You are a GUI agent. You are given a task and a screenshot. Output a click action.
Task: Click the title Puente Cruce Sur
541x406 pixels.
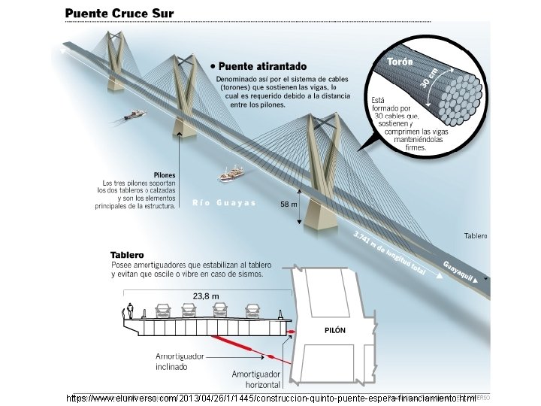pyautogui.click(x=119, y=14)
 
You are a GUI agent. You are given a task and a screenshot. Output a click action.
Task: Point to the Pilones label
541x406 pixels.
pyautogui.click(x=164, y=175)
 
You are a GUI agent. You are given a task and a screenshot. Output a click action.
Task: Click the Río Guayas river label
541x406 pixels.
pyautogui.click(x=224, y=202)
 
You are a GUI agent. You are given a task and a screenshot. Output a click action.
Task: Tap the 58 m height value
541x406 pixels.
pyautogui.click(x=289, y=205)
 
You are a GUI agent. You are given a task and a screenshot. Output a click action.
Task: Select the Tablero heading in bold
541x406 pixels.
pyautogui.click(x=127, y=255)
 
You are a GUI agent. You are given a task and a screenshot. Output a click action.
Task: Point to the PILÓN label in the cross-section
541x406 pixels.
pyautogui.click(x=334, y=330)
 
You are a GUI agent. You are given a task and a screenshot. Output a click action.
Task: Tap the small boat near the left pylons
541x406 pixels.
pyautogui.click(x=135, y=115)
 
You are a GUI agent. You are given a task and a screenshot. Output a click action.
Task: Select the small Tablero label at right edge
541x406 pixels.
pyautogui.click(x=476, y=236)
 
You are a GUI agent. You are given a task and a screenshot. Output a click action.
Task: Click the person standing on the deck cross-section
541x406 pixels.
pyautogui.click(x=130, y=309)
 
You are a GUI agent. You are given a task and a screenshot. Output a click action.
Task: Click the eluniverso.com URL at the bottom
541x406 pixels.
pyautogui.click(x=271, y=397)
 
